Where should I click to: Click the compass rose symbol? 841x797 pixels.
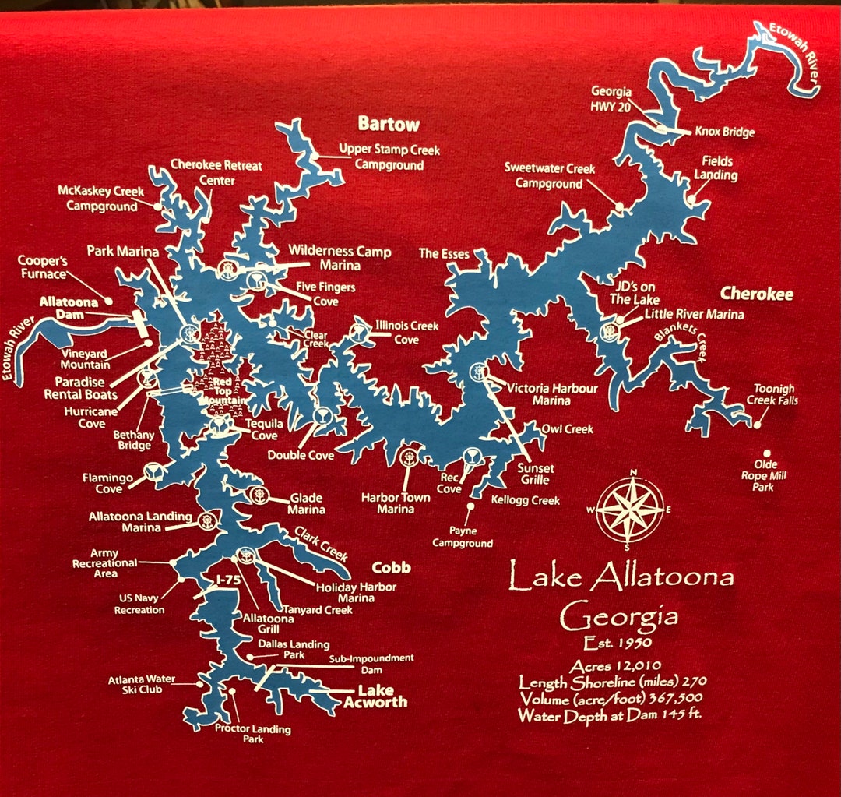(630, 510)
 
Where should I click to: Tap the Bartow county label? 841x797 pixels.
(389, 124)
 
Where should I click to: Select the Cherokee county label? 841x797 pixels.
(756, 294)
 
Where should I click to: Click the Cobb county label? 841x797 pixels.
(391, 567)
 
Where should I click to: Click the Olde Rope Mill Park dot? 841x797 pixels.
(766, 453)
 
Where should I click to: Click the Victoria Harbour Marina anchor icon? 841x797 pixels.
(477, 372)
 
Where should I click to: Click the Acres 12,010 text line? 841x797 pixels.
(615, 665)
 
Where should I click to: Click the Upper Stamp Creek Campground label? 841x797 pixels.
(389, 157)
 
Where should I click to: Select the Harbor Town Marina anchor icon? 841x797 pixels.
(406, 458)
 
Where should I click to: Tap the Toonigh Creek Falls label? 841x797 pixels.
(775, 395)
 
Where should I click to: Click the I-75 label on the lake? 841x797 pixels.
(227, 580)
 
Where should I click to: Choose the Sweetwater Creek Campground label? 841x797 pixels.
(549, 176)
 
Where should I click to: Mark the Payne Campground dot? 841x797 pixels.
(470, 506)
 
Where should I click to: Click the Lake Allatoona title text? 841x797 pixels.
(621, 578)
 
